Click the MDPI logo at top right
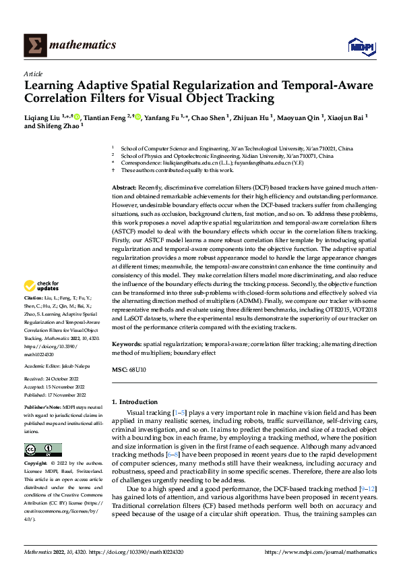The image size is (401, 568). click(361, 45)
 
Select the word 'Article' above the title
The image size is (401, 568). click(32, 74)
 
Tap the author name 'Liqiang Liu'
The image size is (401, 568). click(42, 117)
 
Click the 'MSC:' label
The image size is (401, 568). click(119, 370)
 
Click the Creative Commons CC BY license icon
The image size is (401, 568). click(42, 450)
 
